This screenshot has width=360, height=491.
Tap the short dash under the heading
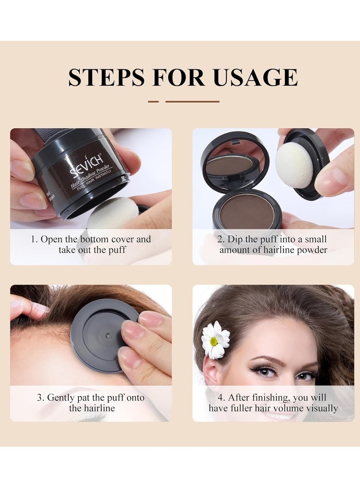tap(153, 102)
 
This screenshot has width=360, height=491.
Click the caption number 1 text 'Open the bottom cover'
tap(91, 239)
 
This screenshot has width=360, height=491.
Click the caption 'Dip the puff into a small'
tap(273, 239)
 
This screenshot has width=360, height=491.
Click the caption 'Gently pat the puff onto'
tap(91, 397)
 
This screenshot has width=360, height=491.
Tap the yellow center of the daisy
tap(214, 341)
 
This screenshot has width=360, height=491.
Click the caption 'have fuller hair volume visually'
tap(273, 408)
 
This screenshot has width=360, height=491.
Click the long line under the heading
tap(192, 102)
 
